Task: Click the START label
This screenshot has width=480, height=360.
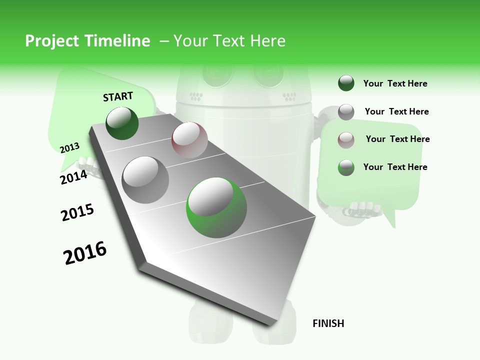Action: click(118, 96)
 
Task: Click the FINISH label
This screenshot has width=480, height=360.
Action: click(328, 323)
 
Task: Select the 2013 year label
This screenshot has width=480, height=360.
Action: click(69, 148)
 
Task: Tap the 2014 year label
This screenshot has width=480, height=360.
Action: click(73, 177)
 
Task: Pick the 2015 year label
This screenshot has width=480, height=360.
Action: click(77, 212)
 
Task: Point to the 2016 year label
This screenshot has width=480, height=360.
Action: click(85, 252)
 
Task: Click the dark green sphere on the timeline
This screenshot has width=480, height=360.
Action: click(122, 123)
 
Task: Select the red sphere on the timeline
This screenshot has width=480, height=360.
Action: click(189, 140)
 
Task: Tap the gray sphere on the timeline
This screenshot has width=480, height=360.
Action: click(145, 179)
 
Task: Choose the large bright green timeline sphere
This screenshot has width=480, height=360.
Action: click(216, 207)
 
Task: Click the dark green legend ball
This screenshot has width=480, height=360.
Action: click(346, 83)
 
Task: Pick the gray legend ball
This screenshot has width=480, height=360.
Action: click(346, 111)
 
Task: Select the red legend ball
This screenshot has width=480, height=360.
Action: click(346, 139)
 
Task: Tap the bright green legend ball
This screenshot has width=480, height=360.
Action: click(346, 167)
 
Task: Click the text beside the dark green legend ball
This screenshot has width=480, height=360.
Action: click(395, 83)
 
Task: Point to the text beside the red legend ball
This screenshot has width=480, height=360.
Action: click(397, 139)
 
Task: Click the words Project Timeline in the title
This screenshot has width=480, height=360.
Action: click(87, 41)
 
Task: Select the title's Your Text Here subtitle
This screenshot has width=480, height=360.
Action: click(229, 41)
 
